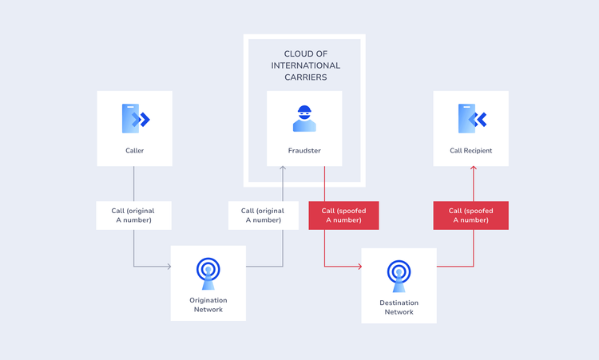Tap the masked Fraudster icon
click(x=303, y=118)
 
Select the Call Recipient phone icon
click(x=471, y=119)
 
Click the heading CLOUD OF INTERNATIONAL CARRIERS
click(x=304, y=65)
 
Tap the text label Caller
click(x=134, y=150)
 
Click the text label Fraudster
click(x=303, y=150)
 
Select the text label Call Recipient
click(x=471, y=150)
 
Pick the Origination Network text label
click(x=208, y=305)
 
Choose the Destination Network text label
click(x=399, y=307)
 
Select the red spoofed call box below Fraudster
click(x=343, y=216)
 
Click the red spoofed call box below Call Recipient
click(x=470, y=216)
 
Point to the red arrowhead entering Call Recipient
click(x=474, y=169)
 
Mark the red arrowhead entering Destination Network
click(x=359, y=266)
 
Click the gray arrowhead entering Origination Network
click(x=169, y=266)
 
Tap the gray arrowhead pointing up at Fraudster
click(x=283, y=169)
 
